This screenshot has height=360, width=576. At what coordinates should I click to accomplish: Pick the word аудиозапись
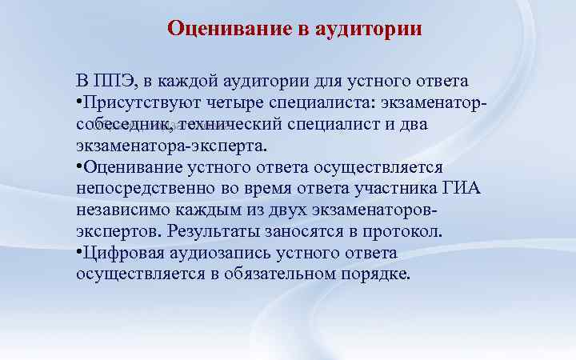pos(216,254)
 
